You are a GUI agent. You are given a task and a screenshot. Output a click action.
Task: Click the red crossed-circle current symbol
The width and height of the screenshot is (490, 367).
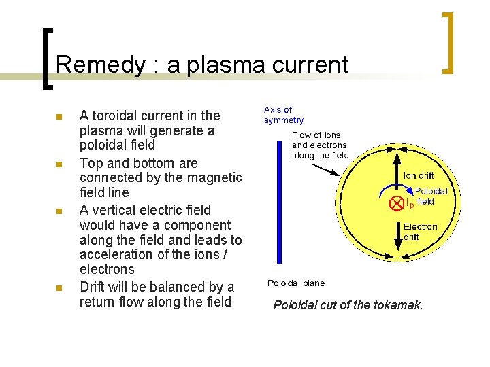click(x=395, y=203)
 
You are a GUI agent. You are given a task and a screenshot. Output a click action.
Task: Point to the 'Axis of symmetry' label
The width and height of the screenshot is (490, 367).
click(x=278, y=115)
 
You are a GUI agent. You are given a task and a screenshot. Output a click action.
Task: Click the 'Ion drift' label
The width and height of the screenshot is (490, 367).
click(x=419, y=176)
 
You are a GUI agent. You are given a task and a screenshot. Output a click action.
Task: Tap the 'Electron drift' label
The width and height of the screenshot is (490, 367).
click(x=421, y=232)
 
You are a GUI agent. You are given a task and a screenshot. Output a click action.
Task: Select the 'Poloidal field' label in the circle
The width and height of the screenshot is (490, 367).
click(x=431, y=196)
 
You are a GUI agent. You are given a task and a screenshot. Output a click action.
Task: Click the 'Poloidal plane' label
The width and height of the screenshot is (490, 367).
click(x=296, y=283)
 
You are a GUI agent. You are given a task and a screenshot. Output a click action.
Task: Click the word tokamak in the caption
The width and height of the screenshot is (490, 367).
click(x=397, y=305)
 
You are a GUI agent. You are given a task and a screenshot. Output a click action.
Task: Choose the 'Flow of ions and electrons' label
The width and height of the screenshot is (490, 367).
click(x=320, y=145)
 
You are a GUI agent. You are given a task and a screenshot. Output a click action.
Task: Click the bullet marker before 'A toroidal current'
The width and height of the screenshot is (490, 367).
click(x=59, y=117)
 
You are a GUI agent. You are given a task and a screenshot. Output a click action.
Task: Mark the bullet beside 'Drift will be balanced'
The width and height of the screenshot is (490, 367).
click(x=59, y=288)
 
